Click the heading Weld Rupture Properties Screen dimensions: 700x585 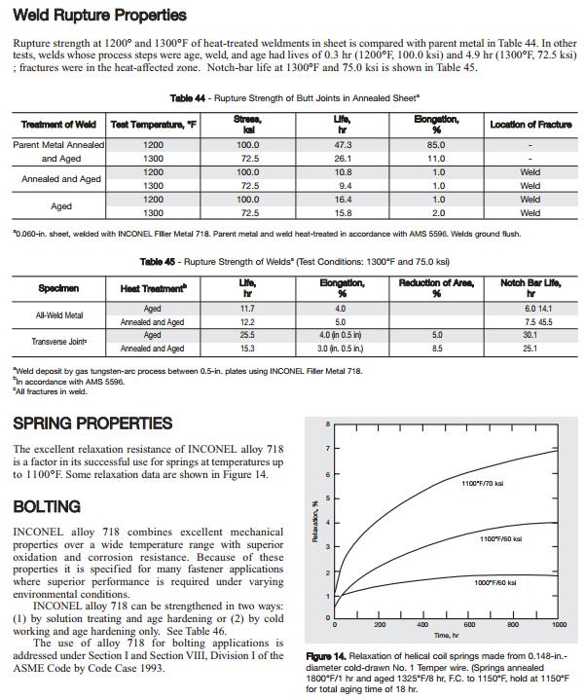pos(99,17)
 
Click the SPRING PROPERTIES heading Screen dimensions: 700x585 pos(92,424)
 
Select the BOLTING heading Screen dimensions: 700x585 pos(46,507)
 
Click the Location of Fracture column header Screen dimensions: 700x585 pos(530,125)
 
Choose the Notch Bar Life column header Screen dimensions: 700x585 pos(530,287)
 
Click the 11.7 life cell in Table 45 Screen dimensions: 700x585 pos(246,309)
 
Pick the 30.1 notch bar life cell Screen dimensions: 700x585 pos(530,334)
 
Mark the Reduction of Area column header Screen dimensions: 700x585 pos(437,287)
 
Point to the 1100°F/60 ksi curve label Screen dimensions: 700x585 pos(500,538)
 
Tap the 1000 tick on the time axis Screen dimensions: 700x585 pos(559,624)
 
